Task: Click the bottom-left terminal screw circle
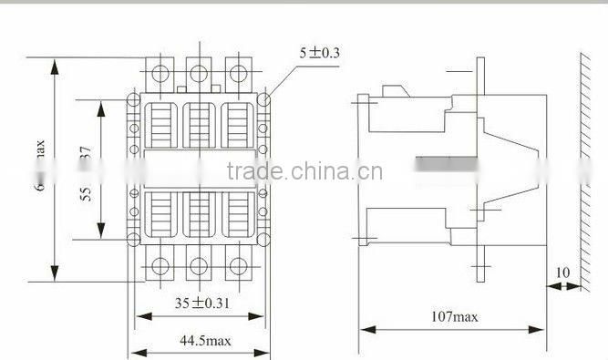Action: tap(160, 266)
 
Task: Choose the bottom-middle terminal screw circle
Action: tap(199, 266)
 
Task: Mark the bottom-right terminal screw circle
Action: tap(238, 266)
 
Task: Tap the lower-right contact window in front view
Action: tap(238, 215)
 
